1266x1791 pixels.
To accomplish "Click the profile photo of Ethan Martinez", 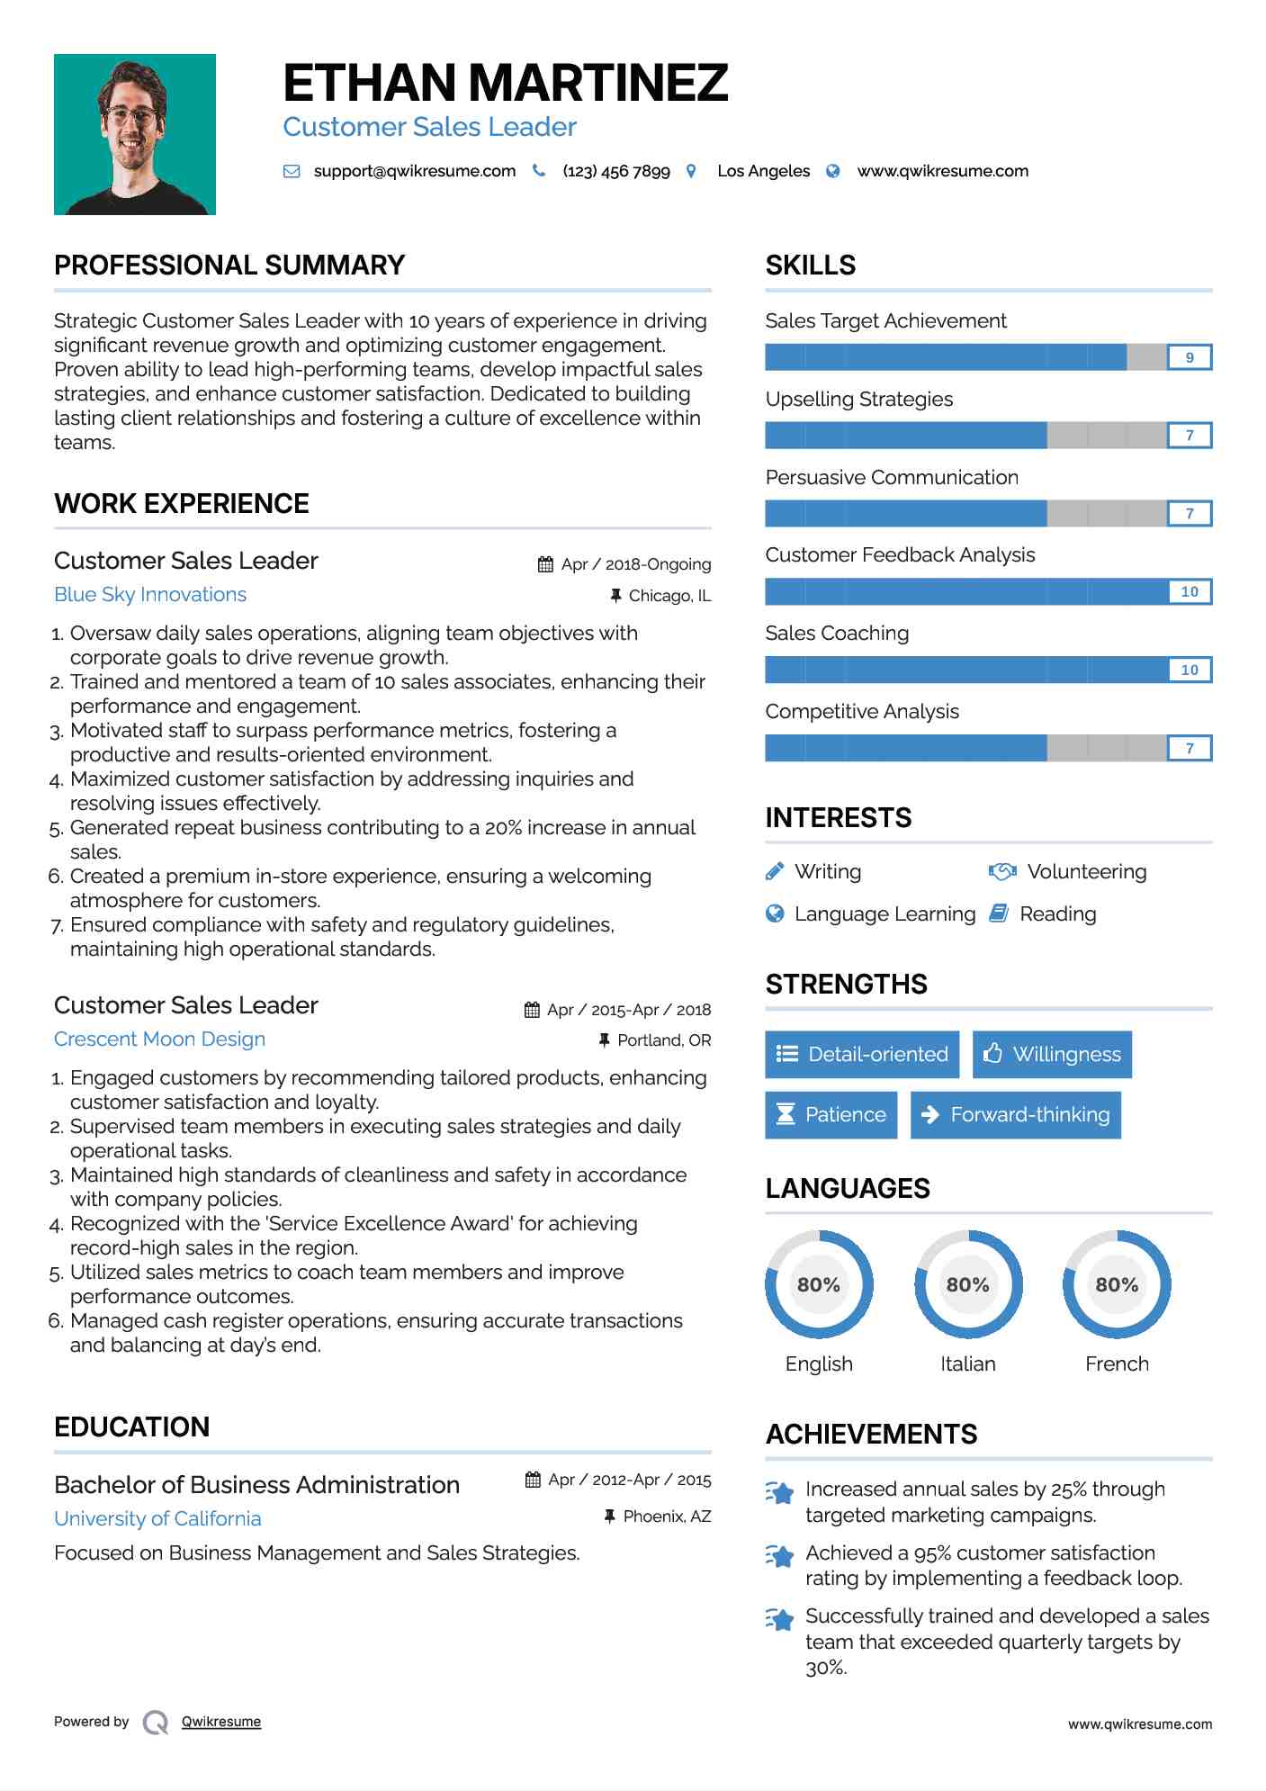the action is [x=135, y=134].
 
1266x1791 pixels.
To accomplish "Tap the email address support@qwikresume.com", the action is [x=414, y=171].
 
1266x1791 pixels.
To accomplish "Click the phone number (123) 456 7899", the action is [x=615, y=171].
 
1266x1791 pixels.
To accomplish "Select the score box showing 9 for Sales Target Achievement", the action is [x=1189, y=357].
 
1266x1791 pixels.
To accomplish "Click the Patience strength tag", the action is [x=831, y=1115].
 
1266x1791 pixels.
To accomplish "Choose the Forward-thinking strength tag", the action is [x=1015, y=1115].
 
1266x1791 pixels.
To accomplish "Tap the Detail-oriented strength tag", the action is [x=861, y=1055].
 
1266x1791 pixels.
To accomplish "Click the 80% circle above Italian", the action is [x=967, y=1284].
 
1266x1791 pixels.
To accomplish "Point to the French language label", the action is [x=1117, y=1363].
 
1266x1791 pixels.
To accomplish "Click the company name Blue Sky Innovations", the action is [x=150, y=595].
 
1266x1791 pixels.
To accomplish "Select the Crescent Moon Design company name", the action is [x=159, y=1039].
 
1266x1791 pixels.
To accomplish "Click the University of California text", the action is [x=157, y=1519].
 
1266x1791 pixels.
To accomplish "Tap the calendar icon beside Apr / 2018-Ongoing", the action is [x=545, y=564].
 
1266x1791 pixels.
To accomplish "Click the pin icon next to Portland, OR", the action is [x=605, y=1040].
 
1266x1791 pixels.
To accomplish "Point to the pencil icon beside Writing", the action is [x=775, y=871].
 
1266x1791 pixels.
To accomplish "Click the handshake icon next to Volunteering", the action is [x=1001, y=871].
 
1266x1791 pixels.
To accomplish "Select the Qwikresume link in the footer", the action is [x=221, y=1722].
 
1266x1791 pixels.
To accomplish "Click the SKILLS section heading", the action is [x=810, y=265].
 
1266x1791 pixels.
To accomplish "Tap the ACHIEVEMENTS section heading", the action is [x=871, y=1435].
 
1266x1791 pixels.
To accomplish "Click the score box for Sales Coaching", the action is [x=1189, y=670].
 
